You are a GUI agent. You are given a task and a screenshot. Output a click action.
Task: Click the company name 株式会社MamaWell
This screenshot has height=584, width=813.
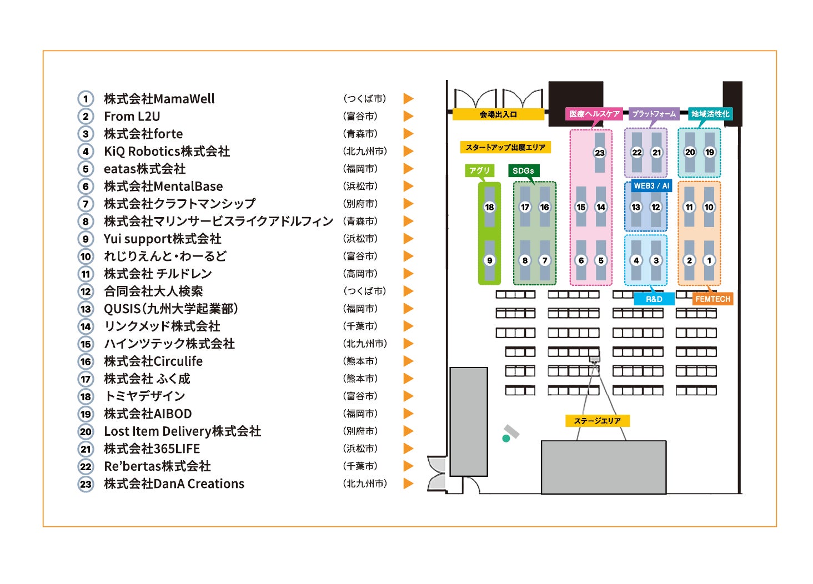tap(159, 99)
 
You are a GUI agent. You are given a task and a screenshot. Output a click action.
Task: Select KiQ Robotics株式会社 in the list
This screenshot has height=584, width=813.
tap(167, 152)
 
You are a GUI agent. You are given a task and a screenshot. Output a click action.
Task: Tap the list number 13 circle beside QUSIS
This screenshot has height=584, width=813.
tap(86, 309)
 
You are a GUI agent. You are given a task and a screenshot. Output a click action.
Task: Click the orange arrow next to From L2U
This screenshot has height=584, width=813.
tap(408, 116)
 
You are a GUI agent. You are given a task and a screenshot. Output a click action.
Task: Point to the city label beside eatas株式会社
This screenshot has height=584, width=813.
tap(360, 169)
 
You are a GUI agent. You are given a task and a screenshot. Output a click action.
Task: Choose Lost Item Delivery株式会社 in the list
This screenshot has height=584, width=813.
tap(182, 431)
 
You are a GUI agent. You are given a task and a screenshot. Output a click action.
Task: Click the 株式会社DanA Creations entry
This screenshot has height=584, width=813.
tap(174, 484)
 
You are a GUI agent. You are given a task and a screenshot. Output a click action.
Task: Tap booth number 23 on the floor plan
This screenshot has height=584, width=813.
tap(600, 153)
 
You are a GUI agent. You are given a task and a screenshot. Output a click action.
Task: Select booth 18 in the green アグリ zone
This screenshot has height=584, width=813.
tap(489, 207)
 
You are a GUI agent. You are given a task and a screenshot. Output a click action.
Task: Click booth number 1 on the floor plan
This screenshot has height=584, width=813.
tap(709, 260)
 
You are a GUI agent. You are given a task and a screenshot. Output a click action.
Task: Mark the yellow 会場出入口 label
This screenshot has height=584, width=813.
tap(498, 114)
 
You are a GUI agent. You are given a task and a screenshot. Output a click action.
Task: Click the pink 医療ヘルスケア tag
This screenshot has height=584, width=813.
tap(594, 114)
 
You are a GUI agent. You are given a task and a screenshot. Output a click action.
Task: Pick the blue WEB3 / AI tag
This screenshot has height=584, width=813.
tap(651, 186)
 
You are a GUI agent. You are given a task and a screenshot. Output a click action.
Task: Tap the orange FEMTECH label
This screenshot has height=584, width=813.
tap(712, 299)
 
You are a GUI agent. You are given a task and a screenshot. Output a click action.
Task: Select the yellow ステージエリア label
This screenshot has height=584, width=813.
tap(598, 421)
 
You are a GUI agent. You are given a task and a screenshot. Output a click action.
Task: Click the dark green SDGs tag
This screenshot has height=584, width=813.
tap(523, 171)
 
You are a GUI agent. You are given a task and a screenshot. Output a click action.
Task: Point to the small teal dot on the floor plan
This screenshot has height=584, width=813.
tap(506, 439)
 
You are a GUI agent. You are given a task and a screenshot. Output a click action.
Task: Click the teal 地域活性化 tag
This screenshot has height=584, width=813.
tap(710, 114)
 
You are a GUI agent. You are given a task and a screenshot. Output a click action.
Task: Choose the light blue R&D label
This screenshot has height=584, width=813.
tap(654, 299)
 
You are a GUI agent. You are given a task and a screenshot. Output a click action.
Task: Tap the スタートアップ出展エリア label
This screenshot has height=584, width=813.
tap(505, 148)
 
